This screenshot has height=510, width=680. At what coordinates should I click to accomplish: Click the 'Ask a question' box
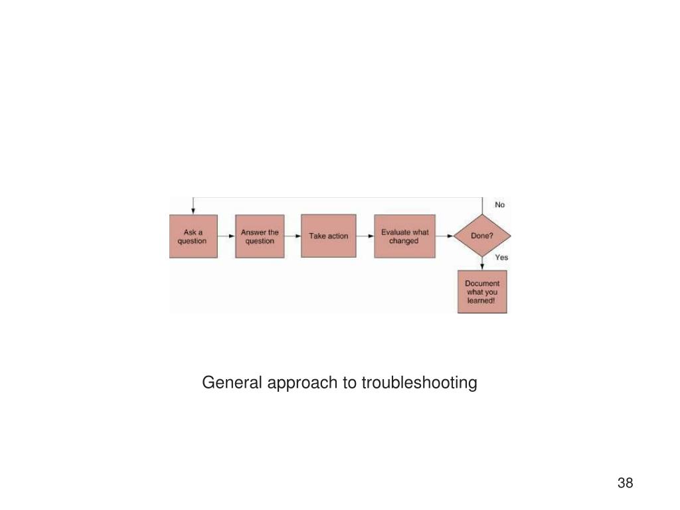tap(193, 236)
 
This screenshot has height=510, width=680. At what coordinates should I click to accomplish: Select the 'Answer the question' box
tap(260, 236)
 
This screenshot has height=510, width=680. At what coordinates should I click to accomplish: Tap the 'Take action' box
tap(328, 236)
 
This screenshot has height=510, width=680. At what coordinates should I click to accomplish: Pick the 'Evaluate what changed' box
tap(404, 236)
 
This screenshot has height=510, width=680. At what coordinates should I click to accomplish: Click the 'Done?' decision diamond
tap(482, 236)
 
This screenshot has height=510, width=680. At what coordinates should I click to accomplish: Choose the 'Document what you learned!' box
tap(482, 292)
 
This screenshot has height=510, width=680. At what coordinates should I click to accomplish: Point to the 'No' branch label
tap(500, 205)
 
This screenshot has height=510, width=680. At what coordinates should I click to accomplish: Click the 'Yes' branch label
tap(501, 257)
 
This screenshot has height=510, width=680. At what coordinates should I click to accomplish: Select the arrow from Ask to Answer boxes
tap(226, 236)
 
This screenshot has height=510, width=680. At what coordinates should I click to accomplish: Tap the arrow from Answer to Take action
tap(293, 236)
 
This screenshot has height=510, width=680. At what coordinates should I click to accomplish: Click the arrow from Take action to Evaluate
tap(365, 236)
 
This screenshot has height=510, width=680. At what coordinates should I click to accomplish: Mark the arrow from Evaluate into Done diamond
tap(444, 236)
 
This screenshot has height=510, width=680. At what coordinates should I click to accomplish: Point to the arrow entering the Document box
tap(482, 264)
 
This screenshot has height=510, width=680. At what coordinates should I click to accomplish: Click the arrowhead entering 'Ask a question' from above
tap(193, 210)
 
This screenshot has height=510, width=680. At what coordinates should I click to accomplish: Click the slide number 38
tap(625, 483)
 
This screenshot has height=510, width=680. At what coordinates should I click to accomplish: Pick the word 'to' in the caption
tap(350, 383)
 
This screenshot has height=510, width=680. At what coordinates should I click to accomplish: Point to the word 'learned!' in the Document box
tap(482, 301)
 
